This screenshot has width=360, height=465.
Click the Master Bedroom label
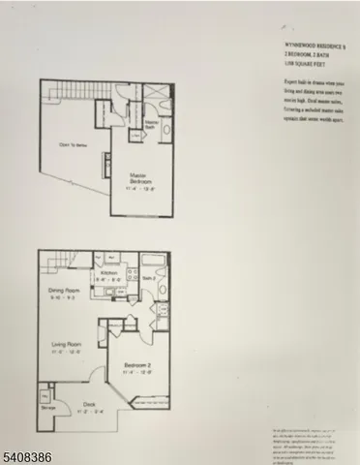click(x=138, y=177)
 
